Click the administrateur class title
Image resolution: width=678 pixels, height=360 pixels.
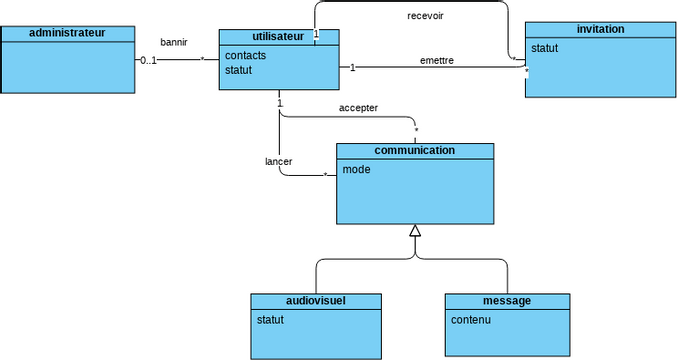coord(67,33)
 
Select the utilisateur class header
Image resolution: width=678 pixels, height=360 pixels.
coord(279,36)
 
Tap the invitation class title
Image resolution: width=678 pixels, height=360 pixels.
coord(601,29)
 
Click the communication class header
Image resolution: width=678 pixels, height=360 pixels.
coord(414,151)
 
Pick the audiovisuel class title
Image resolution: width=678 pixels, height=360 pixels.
coord(316,301)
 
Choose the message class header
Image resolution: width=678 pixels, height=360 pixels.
coord(506,301)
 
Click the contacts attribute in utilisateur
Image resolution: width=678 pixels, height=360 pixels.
coord(246,55)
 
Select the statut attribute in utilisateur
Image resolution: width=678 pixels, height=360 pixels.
coord(238,70)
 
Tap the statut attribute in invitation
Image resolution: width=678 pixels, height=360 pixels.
coord(544,48)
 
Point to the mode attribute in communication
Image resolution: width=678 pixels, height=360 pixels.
coord(356,170)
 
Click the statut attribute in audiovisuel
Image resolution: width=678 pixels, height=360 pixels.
coord(271,320)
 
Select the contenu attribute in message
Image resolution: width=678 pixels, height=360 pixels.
coord(471,320)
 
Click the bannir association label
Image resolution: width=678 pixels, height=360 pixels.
coord(174,42)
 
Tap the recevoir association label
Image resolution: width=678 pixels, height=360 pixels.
coord(427,16)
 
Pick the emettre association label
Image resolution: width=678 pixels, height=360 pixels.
coord(437,60)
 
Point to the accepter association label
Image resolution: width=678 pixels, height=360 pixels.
coord(358,108)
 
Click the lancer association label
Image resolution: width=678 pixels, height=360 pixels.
coord(278,161)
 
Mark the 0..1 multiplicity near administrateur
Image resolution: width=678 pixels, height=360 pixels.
coord(148,60)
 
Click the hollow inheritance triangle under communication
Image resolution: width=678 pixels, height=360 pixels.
coord(415,232)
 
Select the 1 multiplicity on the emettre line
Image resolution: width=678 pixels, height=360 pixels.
coord(352,67)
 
